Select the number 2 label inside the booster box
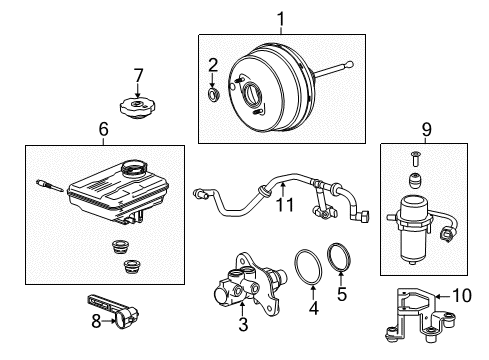[212, 66]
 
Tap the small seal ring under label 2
[212, 96]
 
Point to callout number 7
[138, 75]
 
